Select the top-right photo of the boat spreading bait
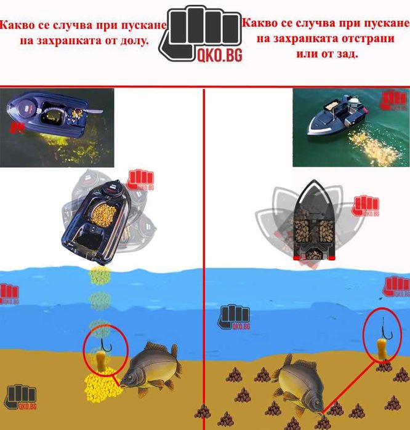tap(350, 127)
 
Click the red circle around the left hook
tap(105, 351)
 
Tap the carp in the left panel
tap(151, 368)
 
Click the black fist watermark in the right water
tap(235, 316)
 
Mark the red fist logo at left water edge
tap(8, 295)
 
